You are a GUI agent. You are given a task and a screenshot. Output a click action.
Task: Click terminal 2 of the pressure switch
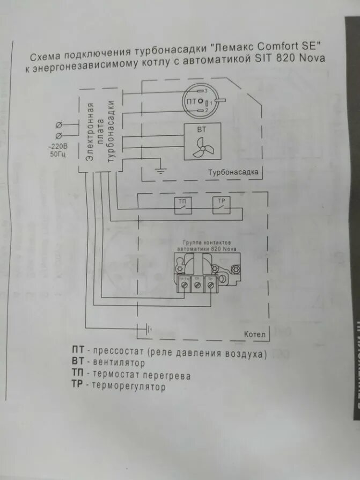coord(202,110)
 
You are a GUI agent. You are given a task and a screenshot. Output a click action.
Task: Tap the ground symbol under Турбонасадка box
coord(160,171)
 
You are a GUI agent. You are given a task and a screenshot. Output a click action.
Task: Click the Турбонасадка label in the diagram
coord(233,172)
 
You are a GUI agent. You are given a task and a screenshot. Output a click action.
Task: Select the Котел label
coord(254,334)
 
